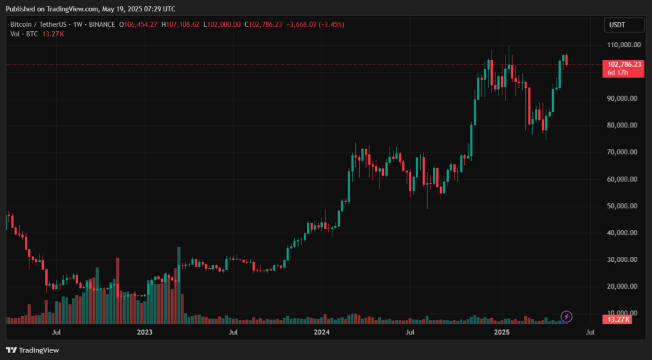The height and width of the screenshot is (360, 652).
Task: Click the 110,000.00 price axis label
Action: pos(623,45)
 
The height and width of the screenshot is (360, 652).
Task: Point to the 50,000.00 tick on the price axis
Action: pos(623,206)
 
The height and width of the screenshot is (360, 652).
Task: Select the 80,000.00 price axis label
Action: pos(623,126)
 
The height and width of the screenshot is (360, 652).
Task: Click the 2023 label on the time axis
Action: pos(145,333)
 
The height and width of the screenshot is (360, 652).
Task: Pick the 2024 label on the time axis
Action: pos(322,333)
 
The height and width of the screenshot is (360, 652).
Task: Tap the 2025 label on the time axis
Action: pos(502,333)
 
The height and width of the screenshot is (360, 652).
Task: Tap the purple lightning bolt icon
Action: pos(566,316)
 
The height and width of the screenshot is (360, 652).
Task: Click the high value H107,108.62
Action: pos(180,24)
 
